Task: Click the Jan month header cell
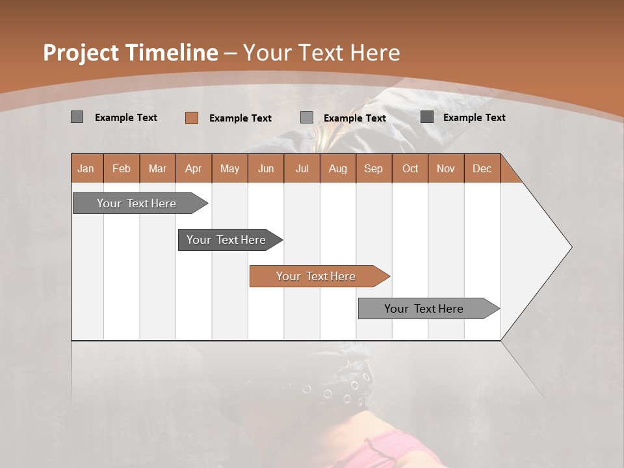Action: tap(86, 168)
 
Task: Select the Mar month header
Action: tap(157, 168)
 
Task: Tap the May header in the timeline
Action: tap(229, 168)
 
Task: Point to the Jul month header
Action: tap(302, 168)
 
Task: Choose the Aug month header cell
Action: tap(337, 168)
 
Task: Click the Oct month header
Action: tap(409, 168)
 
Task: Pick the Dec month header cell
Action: tap(482, 168)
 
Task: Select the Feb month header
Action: tap(122, 168)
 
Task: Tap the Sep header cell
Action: tap(373, 168)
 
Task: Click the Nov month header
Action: tap(445, 168)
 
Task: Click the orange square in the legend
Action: tap(191, 118)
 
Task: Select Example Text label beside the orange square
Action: tap(240, 118)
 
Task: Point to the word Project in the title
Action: tap(81, 53)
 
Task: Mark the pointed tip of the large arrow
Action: tap(571, 247)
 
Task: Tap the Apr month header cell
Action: tap(193, 168)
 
